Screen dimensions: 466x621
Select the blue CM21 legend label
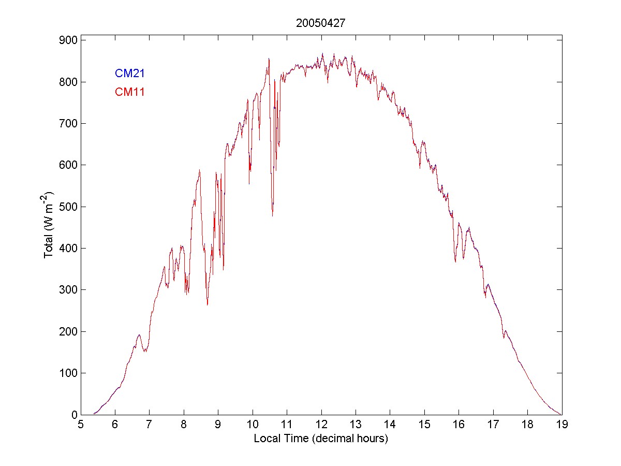coord(129,74)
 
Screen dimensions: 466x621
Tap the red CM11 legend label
coord(129,92)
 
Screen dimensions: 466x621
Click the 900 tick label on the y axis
coord(69,40)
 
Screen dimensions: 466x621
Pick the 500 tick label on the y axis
coord(69,207)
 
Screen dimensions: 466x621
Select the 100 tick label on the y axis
coord(69,373)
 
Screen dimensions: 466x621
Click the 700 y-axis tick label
coord(69,123)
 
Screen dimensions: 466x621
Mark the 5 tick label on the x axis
coord(81,425)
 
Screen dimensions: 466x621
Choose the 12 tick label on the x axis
coord(321,425)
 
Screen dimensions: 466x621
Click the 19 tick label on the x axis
coord(562,425)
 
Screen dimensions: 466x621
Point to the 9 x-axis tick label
coord(218,425)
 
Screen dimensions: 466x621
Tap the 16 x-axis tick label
coord(459,425)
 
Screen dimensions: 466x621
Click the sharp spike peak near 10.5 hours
coord(269,59)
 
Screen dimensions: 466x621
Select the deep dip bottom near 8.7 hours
coord(208,304)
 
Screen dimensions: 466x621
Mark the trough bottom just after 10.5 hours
coord(272,215)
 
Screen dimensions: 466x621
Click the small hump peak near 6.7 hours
coord(139,334)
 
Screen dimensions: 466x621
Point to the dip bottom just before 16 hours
coord(455,261)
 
